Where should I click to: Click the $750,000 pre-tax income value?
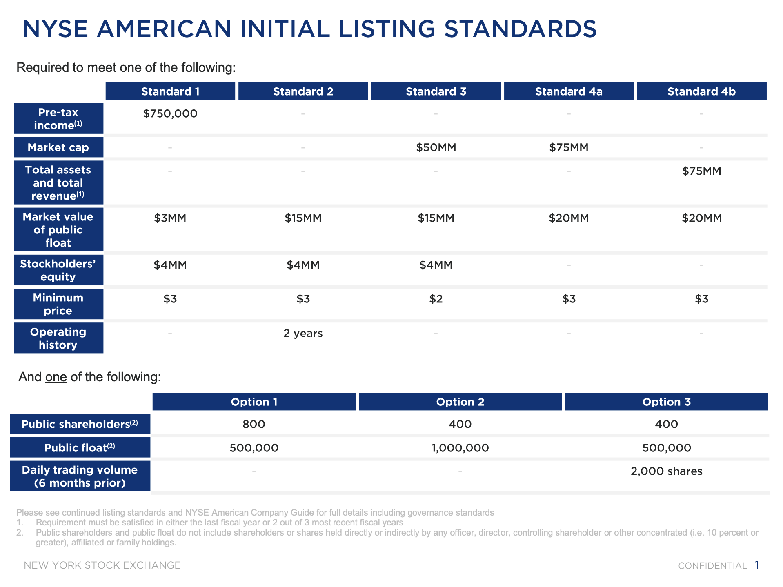(170, 113)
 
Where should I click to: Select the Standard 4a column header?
(569, 91)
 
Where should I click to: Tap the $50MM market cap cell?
(436, 147)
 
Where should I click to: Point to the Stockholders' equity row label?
(58, 270)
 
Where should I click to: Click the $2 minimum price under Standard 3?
(436, 299)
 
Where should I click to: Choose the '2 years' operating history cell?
(303, 334)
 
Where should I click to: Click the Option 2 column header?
(460, 402)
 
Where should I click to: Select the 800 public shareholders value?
(254, 424)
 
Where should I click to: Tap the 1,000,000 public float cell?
(460, 448)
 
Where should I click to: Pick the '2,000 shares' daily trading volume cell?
(667, 471)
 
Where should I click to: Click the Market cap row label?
(58, 147)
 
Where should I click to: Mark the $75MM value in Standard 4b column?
(702, 171)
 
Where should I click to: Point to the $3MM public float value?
(170, 218)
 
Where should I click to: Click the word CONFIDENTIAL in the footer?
(712, 566)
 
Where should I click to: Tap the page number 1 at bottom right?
(757, 565)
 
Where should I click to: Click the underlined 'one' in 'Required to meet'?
(131, 67)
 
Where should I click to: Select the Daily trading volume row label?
(80, 476)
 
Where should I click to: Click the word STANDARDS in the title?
(521, 29)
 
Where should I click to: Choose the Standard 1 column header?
(170, 91)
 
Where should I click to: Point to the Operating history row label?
(58, 338)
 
